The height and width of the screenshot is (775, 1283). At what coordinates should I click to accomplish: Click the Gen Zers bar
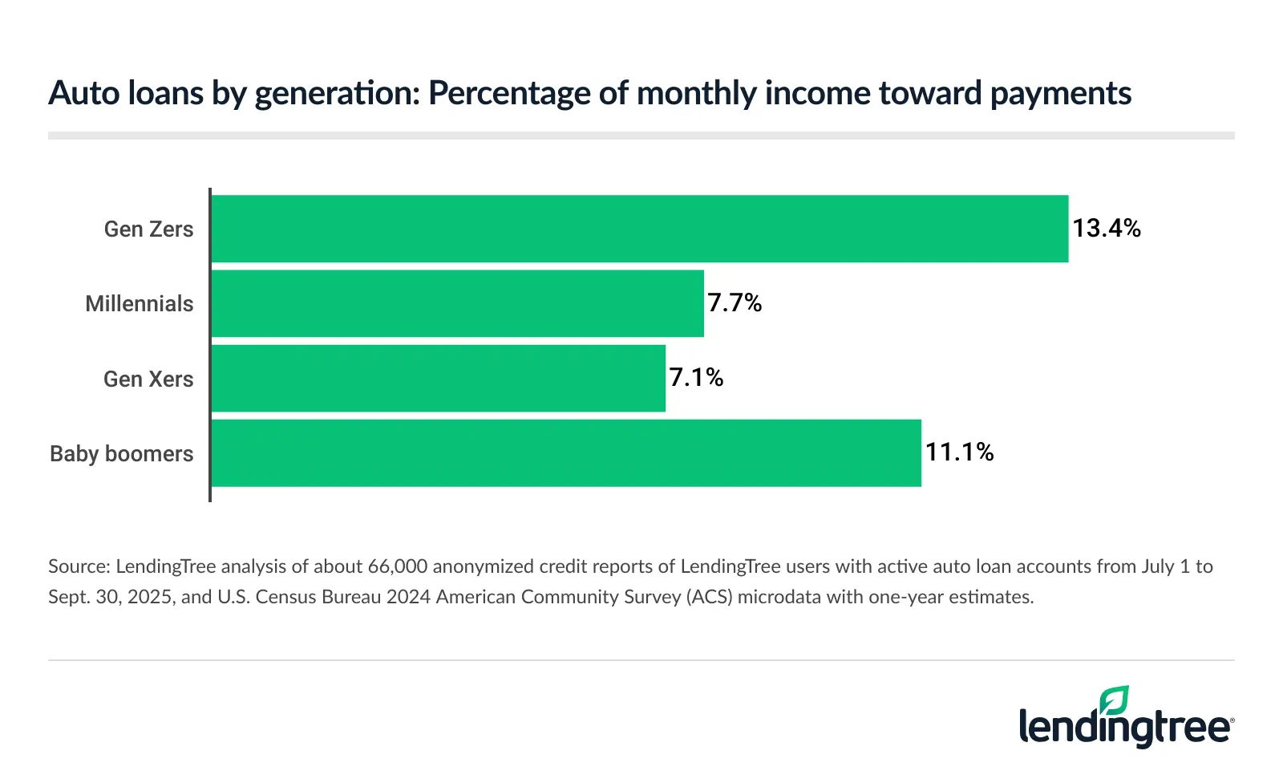(x=639, y=229)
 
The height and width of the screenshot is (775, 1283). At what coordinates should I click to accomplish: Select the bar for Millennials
(x=457, y=303)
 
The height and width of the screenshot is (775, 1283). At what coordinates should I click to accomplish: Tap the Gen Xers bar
(x=438, y=378)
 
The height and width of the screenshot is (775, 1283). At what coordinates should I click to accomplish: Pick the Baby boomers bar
(x=565, y=452)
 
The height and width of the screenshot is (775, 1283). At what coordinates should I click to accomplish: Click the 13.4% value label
(x=1107, y=229)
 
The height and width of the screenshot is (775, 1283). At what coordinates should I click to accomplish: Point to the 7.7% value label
(x=735, y=302)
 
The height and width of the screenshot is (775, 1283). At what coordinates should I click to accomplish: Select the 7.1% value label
(x=696, y=377)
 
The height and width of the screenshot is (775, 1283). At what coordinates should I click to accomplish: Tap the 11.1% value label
(x=959, y=452)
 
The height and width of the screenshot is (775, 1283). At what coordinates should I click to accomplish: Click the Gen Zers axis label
(x=148, y=229)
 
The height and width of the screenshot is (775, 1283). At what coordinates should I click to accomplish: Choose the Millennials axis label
(x=140, y=304)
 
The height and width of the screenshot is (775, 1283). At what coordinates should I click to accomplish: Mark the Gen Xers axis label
(x=148, y=379)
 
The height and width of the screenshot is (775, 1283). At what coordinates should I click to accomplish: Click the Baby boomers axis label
(x=122, y=454)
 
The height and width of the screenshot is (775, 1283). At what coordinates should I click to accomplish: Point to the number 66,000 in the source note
(x=398, y=566)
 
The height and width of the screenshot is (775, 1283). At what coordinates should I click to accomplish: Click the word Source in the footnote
(x=78, y=566)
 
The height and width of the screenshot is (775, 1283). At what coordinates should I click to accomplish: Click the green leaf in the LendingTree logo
(x=1115, y=700)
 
